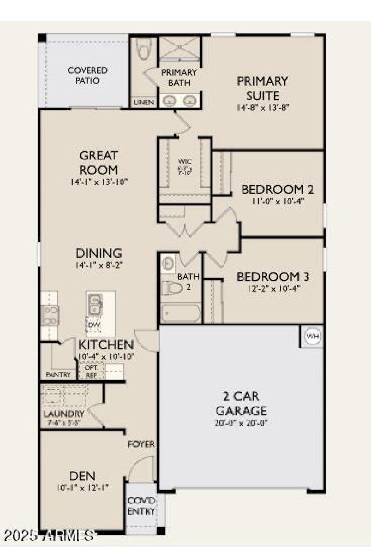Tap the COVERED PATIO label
pyautogui.click(x=88, y=75)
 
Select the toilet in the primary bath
pyautogui.click(x=144, y=49)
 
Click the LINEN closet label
pyautogui.click(x=144, y=102)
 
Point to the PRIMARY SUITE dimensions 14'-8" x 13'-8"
pyautogui.click(x=262, y=108)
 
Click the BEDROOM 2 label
pyautogui.click(x=278, y=190)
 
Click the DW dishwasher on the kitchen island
pyautogui.click(x=95, y=324)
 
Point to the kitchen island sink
pyautogui.click(x=95, y=304)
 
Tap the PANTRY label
pyautogui.click(x=58, y=375)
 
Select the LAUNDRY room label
pyautogui.click(x=64, y=414)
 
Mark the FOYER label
pyautogui.click(x=141, y=444)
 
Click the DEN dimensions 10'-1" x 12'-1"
pyautogui.click(x=82, y=488)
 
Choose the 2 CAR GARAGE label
pyautogui.click(x=242, y=404)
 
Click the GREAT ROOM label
pyautogui.click(x=98, y=162)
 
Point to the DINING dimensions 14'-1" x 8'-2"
pyautogui.click(x=98, y=265)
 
